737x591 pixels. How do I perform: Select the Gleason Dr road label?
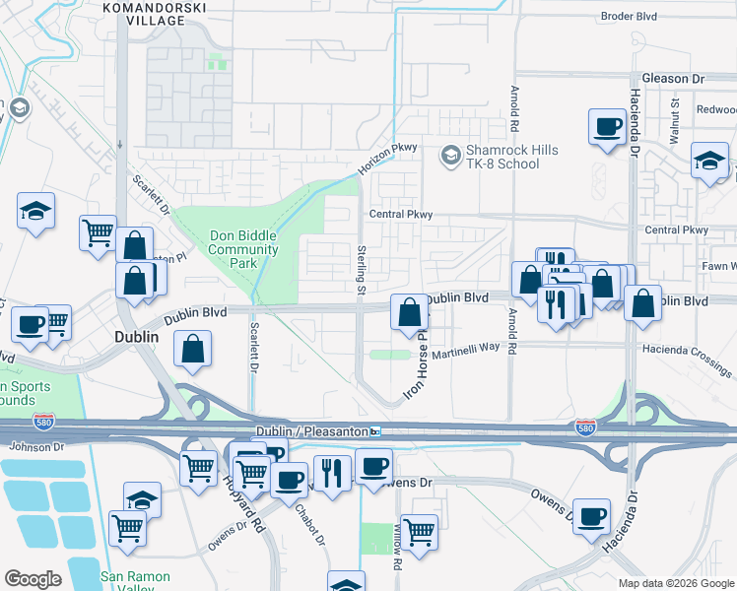(x=673, y=78)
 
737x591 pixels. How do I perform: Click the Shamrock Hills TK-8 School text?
(x=512, y=157)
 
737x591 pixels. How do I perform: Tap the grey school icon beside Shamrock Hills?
(x=451, y=155)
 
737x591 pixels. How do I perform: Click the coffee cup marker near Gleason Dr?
(x=607, y=128)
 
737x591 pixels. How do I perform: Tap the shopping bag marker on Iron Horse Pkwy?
(x=409, y=313)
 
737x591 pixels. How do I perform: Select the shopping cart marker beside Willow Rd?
(x=420, y=533)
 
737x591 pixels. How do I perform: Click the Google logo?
(x=33, y=578)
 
